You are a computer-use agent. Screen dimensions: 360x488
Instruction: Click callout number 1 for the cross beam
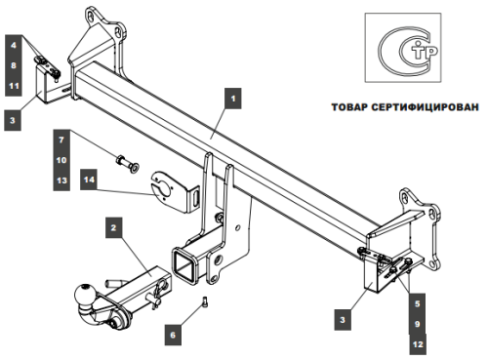232,98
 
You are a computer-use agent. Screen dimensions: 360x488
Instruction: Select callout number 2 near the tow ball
114,228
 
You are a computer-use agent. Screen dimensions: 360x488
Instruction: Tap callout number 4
14,46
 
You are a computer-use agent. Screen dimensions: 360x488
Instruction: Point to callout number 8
14,66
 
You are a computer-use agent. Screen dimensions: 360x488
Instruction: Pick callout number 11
14,87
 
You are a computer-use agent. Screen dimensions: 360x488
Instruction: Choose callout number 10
61,160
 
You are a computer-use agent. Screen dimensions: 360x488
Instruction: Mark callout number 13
61,180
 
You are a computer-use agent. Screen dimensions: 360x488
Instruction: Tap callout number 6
174,335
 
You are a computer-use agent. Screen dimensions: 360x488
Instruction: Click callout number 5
418,302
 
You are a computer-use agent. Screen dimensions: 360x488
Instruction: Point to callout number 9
418,323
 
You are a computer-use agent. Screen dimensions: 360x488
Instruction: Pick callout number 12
418,343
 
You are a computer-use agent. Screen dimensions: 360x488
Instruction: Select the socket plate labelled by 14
170,187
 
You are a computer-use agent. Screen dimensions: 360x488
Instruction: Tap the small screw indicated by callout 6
205,301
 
